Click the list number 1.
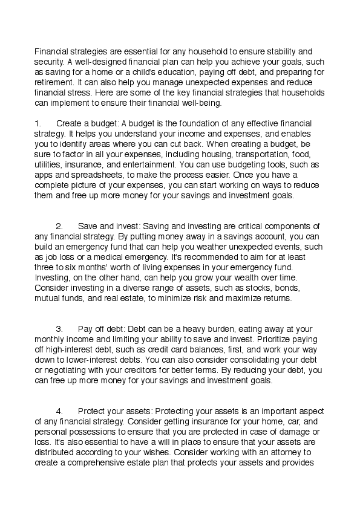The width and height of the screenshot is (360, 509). click(x=37, y=123)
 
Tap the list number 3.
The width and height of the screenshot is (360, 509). click(x=59, y=329)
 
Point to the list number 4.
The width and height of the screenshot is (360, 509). click(x=59, y=412)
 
